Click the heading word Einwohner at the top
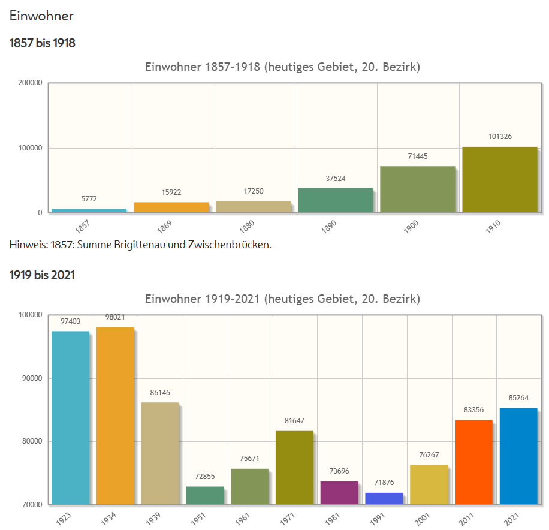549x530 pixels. [x=41, y=16]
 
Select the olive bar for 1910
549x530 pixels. [x=499, y=179]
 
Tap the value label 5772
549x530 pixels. [x=89, y=198]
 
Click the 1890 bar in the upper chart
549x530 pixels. [x=335, y=200]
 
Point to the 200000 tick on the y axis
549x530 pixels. [x=30, y=83]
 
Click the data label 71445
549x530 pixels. [x=417, y=156]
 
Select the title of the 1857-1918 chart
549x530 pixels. [x=282, y=67]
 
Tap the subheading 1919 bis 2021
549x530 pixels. [x=42, y=275]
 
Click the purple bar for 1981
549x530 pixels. [x=339, y=492]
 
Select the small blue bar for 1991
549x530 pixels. [x=384, y=498]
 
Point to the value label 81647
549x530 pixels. [x=294, y=421]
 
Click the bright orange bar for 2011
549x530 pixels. [x=473, y=462]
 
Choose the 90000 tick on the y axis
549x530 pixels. [x=32, y=378]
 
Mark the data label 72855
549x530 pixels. [x=204, y=477]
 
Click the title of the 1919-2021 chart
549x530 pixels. [x=282, y=299]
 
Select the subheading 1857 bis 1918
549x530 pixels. [x=42, y=43]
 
